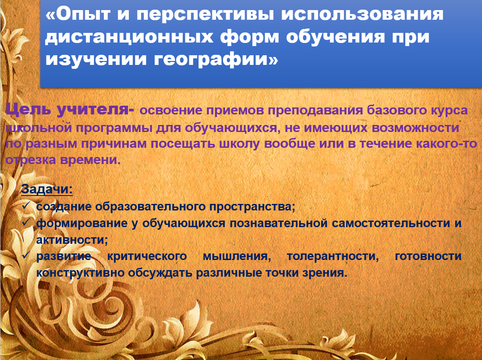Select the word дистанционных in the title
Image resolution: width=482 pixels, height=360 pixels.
[x=129, y=37]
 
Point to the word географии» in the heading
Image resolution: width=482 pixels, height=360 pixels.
[x=216, y=59]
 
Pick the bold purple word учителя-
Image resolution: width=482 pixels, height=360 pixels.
[x=95, y=109]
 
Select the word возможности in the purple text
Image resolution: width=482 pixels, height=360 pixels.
[x=415, y=128]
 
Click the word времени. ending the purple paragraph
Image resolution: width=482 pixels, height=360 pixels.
[x=90, y=160]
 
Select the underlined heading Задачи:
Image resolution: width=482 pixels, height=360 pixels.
[x=47, y=189]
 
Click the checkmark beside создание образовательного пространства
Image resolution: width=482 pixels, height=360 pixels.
[x=26, y=205]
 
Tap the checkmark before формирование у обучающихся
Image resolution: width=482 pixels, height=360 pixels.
[x=26, y=222]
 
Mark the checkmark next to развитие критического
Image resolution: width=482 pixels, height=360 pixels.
[x=26, y=255]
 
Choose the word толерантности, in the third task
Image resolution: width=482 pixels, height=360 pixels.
[x=333, y=257]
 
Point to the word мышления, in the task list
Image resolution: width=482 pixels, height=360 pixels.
[x=237, y=257]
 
